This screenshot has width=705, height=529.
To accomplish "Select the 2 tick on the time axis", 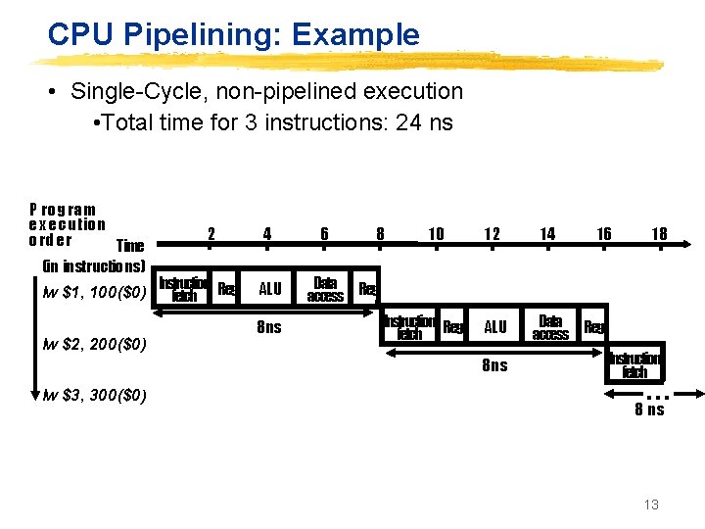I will [211, 233].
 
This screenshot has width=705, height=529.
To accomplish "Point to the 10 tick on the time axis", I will [436, 233].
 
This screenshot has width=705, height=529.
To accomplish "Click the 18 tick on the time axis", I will [660, 233].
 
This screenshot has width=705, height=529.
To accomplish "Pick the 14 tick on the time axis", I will [547, 233].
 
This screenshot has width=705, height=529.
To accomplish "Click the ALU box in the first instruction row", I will [269, 289].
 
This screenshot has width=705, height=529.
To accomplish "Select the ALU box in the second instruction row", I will [495, 327].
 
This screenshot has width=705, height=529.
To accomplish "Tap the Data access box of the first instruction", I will [325, 289].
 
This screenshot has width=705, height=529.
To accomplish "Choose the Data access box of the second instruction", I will [550, 327].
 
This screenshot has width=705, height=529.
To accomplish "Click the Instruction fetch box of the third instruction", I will [635, 364].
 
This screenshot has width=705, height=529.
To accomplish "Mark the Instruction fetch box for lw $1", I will [184, 289].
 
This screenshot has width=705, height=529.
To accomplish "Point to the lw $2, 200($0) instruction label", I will [95, 345].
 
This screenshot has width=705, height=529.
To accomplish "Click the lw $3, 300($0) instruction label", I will [95, 396].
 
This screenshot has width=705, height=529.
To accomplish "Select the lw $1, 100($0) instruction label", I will [95, 291].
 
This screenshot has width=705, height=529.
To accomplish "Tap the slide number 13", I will [651, 505].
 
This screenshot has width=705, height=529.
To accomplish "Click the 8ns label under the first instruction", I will [268, 327].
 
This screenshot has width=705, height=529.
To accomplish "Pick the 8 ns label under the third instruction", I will [649, 409].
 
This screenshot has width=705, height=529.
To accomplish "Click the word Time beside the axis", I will [129, 245].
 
